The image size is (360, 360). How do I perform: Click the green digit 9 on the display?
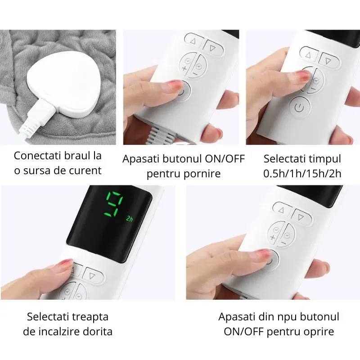114,204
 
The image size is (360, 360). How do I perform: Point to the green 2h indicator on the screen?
129,219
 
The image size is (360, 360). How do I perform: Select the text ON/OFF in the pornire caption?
225,159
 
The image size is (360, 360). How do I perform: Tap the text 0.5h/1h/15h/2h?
302,174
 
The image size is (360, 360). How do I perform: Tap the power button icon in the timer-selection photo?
300,107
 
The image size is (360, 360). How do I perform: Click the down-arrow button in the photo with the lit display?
93,275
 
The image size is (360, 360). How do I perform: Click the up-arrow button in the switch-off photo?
282,210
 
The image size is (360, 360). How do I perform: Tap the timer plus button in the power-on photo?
187,64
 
